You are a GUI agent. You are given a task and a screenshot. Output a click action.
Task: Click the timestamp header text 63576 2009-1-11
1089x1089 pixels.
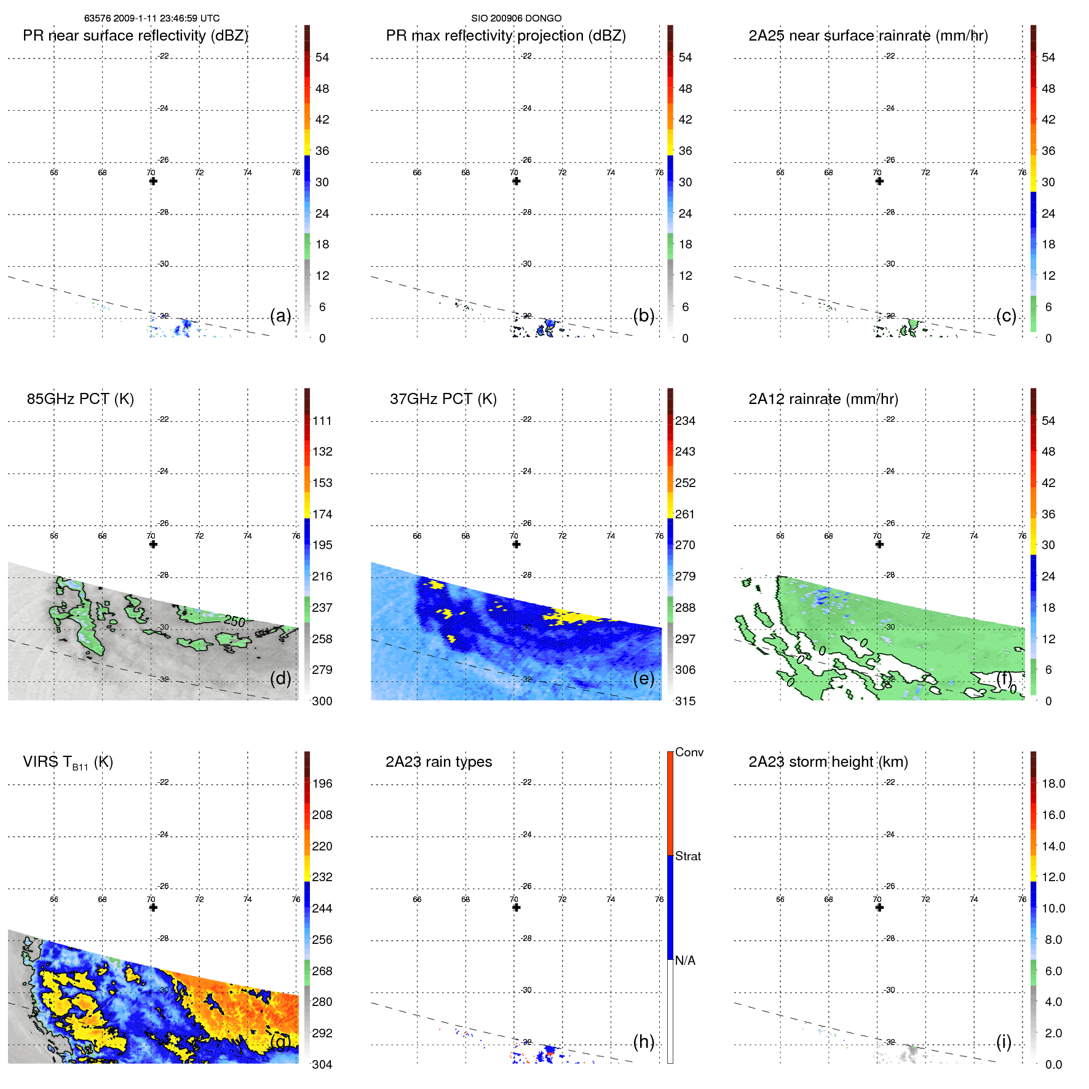click(151, 18)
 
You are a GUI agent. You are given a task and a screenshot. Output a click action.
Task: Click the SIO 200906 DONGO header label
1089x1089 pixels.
click(516, 18)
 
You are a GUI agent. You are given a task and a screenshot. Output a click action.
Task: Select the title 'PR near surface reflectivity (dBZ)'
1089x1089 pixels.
click(135, 36)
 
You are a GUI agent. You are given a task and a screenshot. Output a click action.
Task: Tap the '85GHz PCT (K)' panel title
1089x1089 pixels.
click(80, 399)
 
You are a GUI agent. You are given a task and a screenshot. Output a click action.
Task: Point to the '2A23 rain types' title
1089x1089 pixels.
click(438, 762)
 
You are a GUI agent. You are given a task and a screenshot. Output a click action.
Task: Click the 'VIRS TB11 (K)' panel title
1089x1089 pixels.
click(68, 762)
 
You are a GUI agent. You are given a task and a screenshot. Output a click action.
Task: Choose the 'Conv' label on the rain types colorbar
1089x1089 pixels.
click(689, 752)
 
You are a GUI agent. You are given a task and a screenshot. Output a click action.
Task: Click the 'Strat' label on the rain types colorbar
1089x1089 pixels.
click(687, 856)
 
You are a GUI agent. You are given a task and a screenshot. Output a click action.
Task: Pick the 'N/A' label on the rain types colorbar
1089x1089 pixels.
click(685, 960)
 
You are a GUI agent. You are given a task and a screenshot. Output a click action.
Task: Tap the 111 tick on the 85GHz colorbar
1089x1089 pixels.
click(322, 421)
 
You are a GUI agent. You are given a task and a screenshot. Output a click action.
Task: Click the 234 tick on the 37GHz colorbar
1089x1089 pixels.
click(685, 421)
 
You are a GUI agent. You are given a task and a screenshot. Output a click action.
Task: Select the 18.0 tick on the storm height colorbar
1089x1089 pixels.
click(1053, 783)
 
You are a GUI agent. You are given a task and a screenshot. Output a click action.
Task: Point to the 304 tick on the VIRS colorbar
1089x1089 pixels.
click(322, 1064)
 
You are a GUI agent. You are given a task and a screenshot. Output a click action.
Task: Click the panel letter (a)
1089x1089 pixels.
click(280, 315)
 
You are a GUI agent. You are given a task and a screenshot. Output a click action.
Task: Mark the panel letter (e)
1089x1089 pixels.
click(644, 678)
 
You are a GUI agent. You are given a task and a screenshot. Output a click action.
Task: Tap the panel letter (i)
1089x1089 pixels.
click(1004, 1042)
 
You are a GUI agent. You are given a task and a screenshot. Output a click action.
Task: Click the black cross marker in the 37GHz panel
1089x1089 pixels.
click(517, 544)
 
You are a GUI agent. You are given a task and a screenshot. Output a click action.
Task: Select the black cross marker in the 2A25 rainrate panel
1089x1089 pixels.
click(879, 181)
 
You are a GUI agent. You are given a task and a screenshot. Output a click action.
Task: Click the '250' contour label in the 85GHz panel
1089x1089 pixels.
click(234, 621)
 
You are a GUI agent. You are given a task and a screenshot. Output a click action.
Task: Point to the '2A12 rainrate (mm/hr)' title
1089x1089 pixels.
click(823, 399)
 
